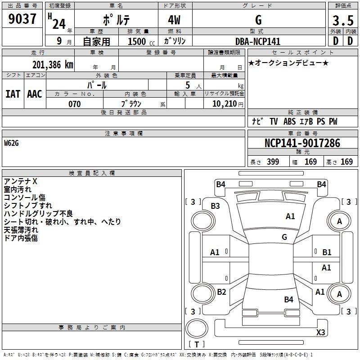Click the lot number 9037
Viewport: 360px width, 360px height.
click(22, 19)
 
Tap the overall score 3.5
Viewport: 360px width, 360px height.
click(342, 20)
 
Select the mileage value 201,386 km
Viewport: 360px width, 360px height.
click(53, 65)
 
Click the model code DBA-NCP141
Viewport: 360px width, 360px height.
click(258, 41)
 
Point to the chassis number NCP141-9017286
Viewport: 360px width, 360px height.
click(302, 143)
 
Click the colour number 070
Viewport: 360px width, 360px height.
click(74, 104)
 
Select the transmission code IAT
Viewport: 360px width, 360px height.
click(13, 94)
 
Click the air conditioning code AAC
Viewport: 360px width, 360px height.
click(35, 94)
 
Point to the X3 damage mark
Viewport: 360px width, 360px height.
click(320, 333)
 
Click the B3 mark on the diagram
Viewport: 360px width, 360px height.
click(215, 206)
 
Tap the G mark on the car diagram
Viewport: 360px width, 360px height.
click(284, 237)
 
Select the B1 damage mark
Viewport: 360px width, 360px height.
click(327, 252)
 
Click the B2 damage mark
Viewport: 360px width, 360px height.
click(221, 292)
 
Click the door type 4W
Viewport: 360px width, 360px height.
click(175, 20)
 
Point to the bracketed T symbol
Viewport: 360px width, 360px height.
click(197, 344)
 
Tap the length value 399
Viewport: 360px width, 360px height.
click(273, 162)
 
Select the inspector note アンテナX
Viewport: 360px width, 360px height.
click(20, 181)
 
